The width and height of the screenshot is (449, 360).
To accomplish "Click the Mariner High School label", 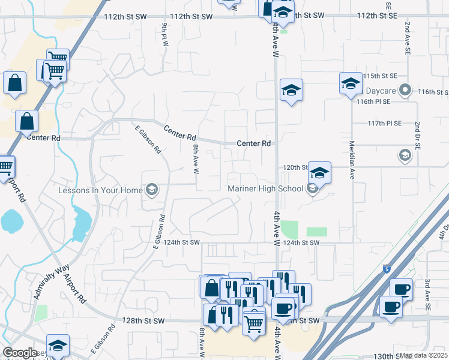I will click(x=265, y=189).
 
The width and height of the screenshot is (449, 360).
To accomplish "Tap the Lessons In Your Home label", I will click(x=100, y=190).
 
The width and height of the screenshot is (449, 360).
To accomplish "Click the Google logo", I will click(x=20, y=353).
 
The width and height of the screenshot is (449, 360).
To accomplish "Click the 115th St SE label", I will click(x=381, y=76).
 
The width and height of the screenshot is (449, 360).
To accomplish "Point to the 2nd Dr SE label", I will click(x=416, y=134).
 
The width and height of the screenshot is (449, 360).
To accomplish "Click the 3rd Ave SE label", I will click(x=427, y=294).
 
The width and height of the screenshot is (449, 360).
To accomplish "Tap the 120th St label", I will click(x=295, y=167).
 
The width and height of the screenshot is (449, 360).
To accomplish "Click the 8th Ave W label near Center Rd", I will click(x=195, y=158).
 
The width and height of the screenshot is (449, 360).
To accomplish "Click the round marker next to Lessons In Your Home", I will click(x=151, y=190).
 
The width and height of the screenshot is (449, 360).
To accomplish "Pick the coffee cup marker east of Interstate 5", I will click(x=391, y=307).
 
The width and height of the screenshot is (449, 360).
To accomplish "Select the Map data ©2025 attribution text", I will click(x=423, y=355).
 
